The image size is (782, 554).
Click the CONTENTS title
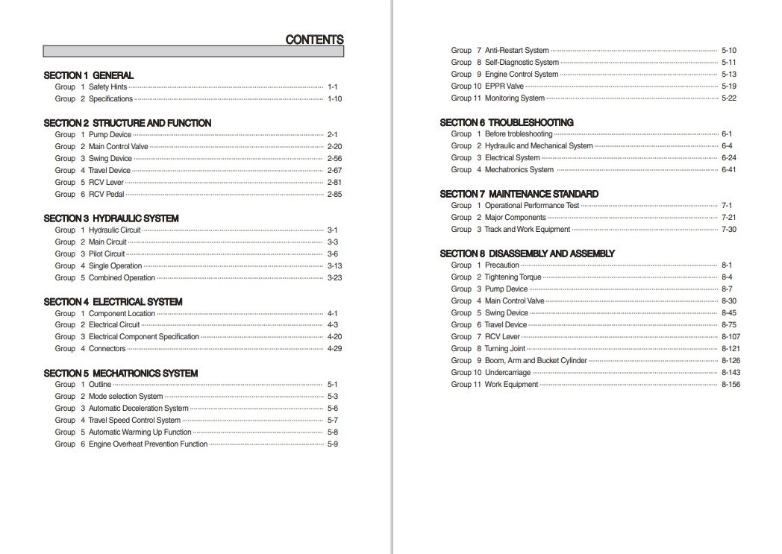(x=314, y=40)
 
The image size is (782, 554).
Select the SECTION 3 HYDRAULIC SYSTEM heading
(x=111, y=218)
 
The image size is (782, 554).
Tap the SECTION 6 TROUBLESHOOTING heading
(x=507, y=122)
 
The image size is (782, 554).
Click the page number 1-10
(x=334, y=99)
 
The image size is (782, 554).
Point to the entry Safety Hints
(x=108, y=87)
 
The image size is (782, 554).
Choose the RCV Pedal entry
(x=106, y=195)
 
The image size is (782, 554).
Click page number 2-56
(x=334, y=159)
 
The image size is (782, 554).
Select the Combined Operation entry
(x=122, y=278)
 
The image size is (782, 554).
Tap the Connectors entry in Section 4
(x=107, y=349)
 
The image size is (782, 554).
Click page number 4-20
(x=334, y=337)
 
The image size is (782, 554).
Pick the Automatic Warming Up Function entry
(x=140, y=432)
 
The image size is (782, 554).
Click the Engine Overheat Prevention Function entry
(x=148, y=444)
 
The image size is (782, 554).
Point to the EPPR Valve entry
(x=504, y=86)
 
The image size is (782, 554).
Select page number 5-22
(x=729, y=98)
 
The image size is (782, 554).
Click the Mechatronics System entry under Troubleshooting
(x=519, y=170)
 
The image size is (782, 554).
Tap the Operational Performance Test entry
(x=532, y=206)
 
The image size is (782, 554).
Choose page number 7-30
(x=729, y=230)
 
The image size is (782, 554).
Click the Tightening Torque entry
(x=513, y=277)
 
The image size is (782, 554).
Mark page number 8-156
(x=731, y=385)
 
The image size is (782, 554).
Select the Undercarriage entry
(x=507, y=373)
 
